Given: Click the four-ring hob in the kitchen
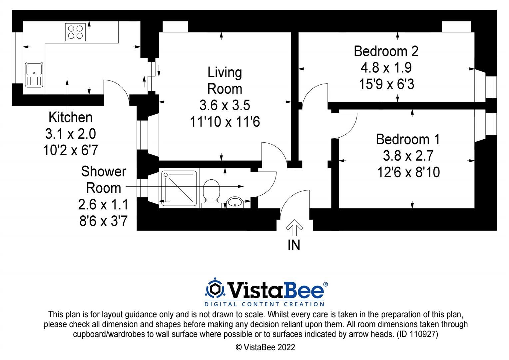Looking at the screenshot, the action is [x=75, y=32].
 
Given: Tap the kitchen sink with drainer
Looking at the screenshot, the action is [x=34, y=75].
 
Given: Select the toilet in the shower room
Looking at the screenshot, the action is [x=211, y=194].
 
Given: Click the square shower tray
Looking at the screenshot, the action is [x=179, y=189].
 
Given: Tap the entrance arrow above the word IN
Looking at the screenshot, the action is [x=294, y=228].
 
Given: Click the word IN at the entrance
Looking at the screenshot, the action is [x=294, y=245].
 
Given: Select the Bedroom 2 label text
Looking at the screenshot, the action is [x=386, y=51].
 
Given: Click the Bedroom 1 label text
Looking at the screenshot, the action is [x=408, y=139].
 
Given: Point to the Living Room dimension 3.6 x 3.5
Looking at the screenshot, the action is [x=225, y=105].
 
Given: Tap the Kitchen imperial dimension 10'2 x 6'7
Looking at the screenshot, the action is [x=70, y=150].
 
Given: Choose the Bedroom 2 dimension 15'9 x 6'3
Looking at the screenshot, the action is [x=386, y=84].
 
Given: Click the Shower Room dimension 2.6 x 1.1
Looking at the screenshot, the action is [x=103, y=204].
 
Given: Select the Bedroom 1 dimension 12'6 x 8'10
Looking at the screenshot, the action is [x=408, y=172].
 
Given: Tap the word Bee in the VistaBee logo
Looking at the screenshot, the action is [x=303, y=290].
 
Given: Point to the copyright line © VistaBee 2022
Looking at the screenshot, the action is [x=265, y=347].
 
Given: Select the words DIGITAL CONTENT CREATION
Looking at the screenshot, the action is [x=264, y=304].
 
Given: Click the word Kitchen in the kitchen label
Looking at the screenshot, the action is [x=70, y=117].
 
